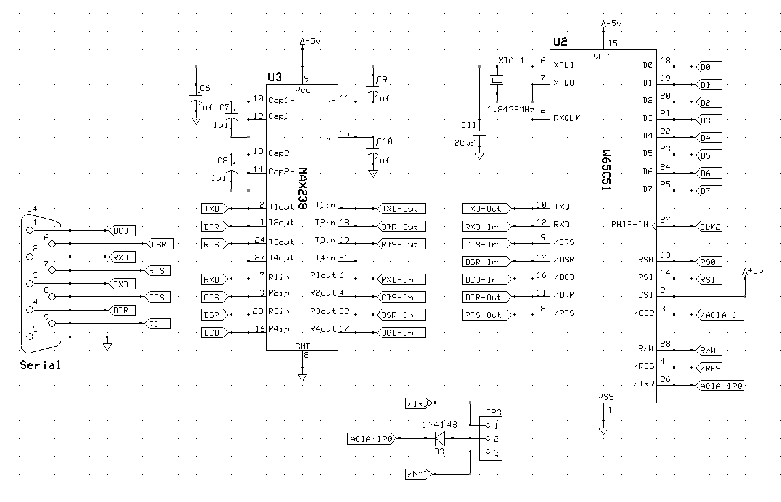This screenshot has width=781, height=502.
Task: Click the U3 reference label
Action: (x=274, y=77)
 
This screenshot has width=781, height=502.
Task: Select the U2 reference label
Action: (x=560, y=42)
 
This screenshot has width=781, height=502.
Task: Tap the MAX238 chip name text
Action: (x=302, y=189)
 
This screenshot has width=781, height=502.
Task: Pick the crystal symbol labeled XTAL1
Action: (x=498, y=81)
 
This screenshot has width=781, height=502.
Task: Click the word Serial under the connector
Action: (x=40, y=365)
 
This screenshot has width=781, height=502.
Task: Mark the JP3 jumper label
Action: (x=494, y=413)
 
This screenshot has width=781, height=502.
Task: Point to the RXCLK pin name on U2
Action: (x=567, y=118)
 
